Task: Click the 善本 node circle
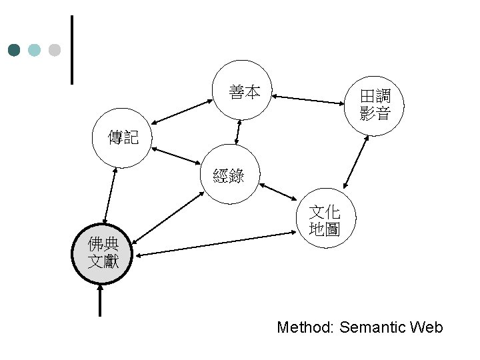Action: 245,93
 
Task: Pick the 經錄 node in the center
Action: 229,175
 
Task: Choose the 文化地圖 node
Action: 325,221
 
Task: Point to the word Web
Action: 427,327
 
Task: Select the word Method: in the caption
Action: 305,327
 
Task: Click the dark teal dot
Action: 14,50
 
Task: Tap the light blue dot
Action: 34,50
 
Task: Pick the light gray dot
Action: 55,50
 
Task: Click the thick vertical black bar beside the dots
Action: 71,50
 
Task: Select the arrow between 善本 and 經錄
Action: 238,131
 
